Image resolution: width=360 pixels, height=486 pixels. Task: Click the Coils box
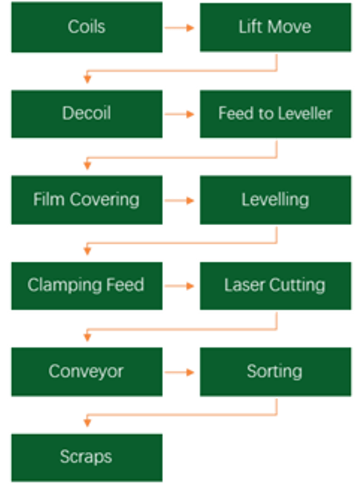point(87,27)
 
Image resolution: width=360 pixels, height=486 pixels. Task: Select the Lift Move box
point(275,27)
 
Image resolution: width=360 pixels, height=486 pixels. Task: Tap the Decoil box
point(87,114)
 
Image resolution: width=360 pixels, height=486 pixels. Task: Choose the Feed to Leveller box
point(275,114)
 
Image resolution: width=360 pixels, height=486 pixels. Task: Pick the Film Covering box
point(87,200)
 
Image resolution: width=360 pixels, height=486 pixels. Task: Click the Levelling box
point(275,200)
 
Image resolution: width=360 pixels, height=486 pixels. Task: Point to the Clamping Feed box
point(87,285)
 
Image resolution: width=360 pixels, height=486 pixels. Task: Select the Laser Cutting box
point(275,285)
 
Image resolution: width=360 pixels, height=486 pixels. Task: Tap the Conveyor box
point(87,372)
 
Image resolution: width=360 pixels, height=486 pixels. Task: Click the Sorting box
point(275,372)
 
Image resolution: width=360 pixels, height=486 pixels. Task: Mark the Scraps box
point(87,457)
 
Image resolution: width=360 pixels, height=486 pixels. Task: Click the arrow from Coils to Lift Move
point(179,28)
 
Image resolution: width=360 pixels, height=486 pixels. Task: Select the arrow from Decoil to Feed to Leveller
point(179,114)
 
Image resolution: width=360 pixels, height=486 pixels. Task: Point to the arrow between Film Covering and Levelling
point(179,201)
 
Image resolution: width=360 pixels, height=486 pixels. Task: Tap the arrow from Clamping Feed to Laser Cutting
point(179,285)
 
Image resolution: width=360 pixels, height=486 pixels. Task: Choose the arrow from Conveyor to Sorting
point(179,372)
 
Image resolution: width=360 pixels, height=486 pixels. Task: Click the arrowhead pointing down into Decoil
point(88,80)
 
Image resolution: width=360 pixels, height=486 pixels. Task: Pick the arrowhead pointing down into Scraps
point(88,422)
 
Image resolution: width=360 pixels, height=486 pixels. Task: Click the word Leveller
point(304,113)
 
